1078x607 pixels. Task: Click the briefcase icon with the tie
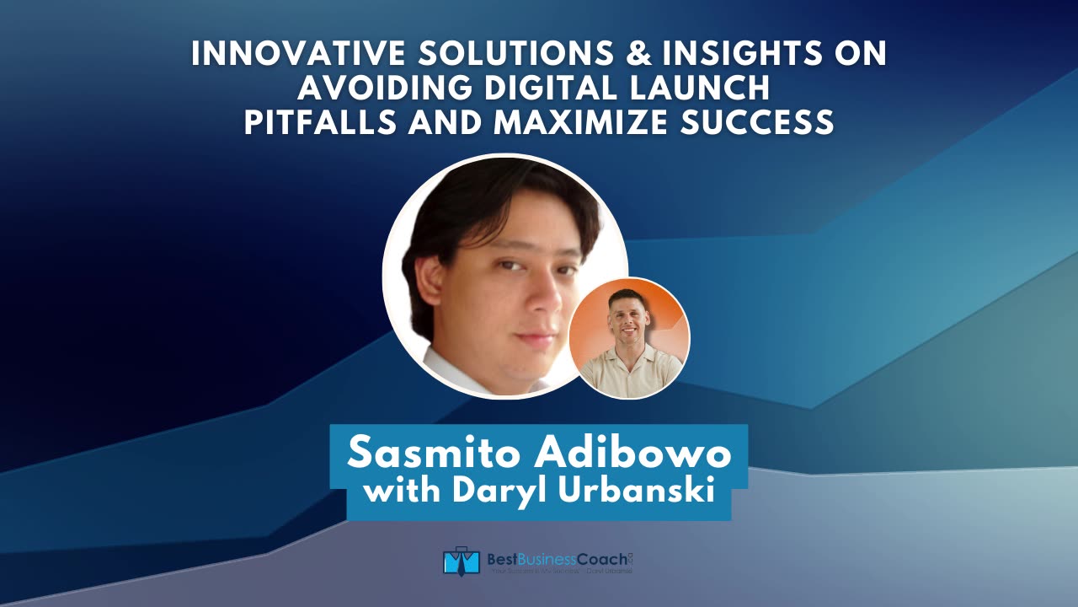pyautogui.click(x=461, y=561)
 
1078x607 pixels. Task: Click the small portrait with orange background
pyautogui.click(x=629, y=337)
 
